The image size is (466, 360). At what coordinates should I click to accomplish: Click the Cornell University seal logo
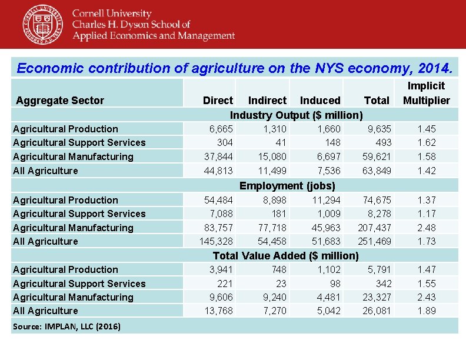(43, 24)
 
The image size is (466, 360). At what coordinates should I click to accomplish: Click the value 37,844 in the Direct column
(218, 156)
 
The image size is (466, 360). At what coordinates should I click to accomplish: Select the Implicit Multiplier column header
(426, 93)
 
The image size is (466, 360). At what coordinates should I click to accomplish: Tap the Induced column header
(320, 101)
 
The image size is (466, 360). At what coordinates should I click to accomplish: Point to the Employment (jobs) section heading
(287, 186)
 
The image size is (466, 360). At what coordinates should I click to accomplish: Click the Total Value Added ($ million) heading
(285, 255)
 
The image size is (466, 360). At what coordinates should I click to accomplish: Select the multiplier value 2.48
(427, 228)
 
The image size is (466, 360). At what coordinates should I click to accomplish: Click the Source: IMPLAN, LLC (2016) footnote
(67, 326)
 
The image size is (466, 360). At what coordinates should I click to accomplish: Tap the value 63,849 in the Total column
(375, 171)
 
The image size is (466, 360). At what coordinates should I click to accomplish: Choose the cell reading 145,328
(217, 241)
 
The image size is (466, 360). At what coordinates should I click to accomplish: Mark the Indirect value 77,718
(272, 228)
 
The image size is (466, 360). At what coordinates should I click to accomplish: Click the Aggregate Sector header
(60, 101)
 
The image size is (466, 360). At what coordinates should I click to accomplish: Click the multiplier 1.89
(427, 311)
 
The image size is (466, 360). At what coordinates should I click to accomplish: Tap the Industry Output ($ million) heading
(296, 115)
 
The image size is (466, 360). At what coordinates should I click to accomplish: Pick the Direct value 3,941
(221, 269)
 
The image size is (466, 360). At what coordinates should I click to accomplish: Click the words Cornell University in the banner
(112, 14)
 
